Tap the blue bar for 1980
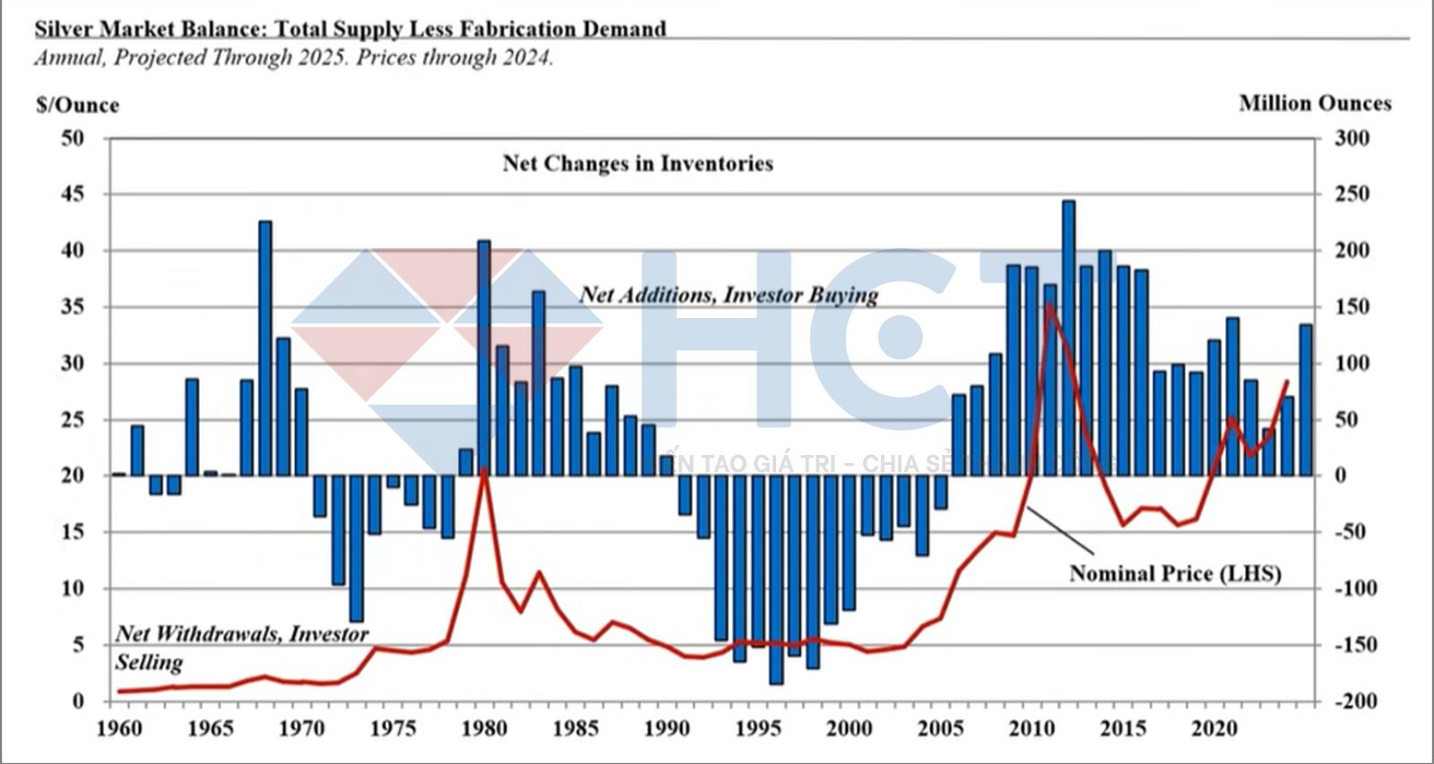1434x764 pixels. click(484, 357)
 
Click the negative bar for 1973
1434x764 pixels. click(357, 548)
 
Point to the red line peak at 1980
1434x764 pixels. click(484, 469)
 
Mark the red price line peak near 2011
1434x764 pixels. click(1049, 305)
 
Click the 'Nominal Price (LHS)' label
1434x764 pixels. click(1174, 573)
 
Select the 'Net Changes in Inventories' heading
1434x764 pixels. click(637, 163)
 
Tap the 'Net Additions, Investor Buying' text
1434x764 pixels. click(728, 295)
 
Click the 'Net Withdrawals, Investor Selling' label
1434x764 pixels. click(240, 647)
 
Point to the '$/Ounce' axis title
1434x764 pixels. click(77, 105)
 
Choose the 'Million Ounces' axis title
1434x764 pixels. click(1315, 103)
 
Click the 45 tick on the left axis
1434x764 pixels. click(72, 193)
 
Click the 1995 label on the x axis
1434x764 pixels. click(757, 727)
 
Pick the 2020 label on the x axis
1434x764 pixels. click(1214, 727)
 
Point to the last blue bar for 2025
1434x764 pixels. click(1306, 399)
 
